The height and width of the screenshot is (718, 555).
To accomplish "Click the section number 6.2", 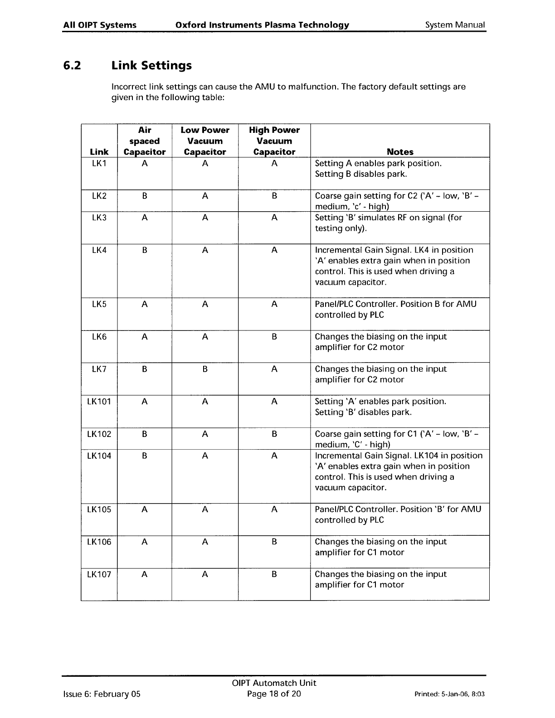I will (x=72, y=66).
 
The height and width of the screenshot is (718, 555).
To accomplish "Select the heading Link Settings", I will (x=151, y=66).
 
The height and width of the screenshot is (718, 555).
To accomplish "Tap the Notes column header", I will (x=400, y=152).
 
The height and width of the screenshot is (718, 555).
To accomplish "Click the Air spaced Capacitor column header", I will (x=145, y=141).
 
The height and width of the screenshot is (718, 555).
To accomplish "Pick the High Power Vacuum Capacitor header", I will (x=274, y=141).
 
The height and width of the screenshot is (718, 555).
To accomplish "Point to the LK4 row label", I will (x=99, y=250).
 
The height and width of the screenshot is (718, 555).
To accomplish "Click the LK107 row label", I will (x=99, y=574).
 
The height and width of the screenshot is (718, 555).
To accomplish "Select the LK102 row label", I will (x=99, y=434).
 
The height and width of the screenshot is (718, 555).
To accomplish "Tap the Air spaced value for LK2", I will (x=144, y=196).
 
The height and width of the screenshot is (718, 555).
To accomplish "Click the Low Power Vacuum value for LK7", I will (x=205, y=369).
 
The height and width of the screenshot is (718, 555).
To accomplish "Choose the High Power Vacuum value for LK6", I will (x=274, y=337).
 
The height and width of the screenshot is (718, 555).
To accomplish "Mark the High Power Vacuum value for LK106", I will (x=274, y=542).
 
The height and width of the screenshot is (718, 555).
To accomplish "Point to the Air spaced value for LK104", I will (x=144, y=456).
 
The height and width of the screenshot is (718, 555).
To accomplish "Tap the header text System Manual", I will (x=455, y=25).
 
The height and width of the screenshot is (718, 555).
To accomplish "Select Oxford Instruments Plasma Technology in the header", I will (x=262, y=25).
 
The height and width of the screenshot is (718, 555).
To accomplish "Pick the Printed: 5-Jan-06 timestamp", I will (x=450, y=694).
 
